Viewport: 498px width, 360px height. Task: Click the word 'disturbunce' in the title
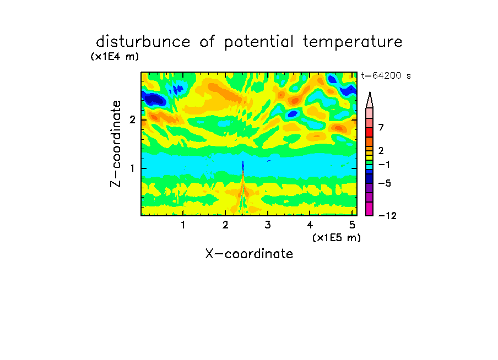tap(143, 42)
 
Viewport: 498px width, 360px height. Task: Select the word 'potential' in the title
tap(259, 42)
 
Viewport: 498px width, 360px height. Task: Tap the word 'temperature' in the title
tap(353, 42)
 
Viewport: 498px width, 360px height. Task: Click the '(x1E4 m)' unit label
tap(115, 57)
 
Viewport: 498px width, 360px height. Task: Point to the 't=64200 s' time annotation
tap(386, 75)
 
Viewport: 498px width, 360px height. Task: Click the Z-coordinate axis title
tap(116, 144)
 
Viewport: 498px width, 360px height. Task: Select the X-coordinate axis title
tap(249, 254)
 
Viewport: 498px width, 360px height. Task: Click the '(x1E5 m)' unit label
tap(337, 238)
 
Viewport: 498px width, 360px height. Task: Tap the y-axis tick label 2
tap(132, 120)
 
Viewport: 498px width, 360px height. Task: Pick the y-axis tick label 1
tap(132, 168)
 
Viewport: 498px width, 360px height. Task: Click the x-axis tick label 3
tap(268, 225)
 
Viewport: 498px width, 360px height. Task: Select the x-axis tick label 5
tap(352, 225)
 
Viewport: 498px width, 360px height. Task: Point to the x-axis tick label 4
tap(310, 225)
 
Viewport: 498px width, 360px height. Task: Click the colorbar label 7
tap(381, 127)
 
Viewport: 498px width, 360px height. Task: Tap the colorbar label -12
tap(387, 216)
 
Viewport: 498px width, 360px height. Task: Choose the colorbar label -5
tap(385, 183)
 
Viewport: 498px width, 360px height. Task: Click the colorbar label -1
tap(384, 165)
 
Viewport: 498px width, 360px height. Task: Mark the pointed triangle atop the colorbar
tap(370, 100)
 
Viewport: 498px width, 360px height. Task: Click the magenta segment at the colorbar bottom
tap(370, 209)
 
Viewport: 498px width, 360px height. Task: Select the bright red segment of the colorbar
tap(370, 132)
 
